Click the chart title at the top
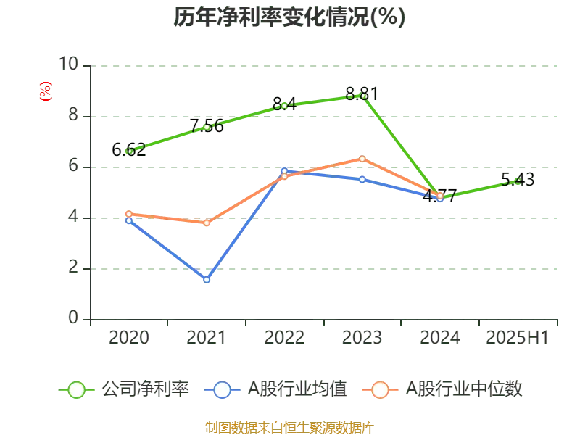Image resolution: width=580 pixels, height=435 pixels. tap(289, 17)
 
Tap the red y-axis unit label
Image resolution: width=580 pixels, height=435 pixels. tap(45, 91)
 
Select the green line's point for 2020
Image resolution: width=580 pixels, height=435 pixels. tap(129, 151)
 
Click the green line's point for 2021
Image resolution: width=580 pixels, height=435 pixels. tap(207, 128)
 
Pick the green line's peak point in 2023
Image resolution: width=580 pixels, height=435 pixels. tap(362, 96)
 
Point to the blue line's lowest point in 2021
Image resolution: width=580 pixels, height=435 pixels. tap(207, 279)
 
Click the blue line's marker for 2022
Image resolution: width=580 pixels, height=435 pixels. tap(284, 171)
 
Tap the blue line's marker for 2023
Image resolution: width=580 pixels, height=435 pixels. tap(362, 179)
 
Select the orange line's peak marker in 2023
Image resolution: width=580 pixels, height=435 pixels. tap(362, 158)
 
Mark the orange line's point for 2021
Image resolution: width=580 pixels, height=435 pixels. tap(207, 223)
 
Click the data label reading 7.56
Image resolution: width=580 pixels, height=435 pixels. tap(208, 125)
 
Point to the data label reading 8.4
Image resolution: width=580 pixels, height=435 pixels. tap(284, 102)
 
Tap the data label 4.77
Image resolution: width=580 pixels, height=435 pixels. tap(439, 195)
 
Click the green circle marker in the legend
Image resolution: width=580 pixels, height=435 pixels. tap(76, 390)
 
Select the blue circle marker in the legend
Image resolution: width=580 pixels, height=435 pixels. tap(223, 390)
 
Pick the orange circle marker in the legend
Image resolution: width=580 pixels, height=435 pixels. tap(380, 390)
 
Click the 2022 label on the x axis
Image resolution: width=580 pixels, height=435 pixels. tap(284, 338)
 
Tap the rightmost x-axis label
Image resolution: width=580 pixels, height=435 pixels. tap(517, 338)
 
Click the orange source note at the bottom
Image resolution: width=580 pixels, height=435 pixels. tap(289, 426)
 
